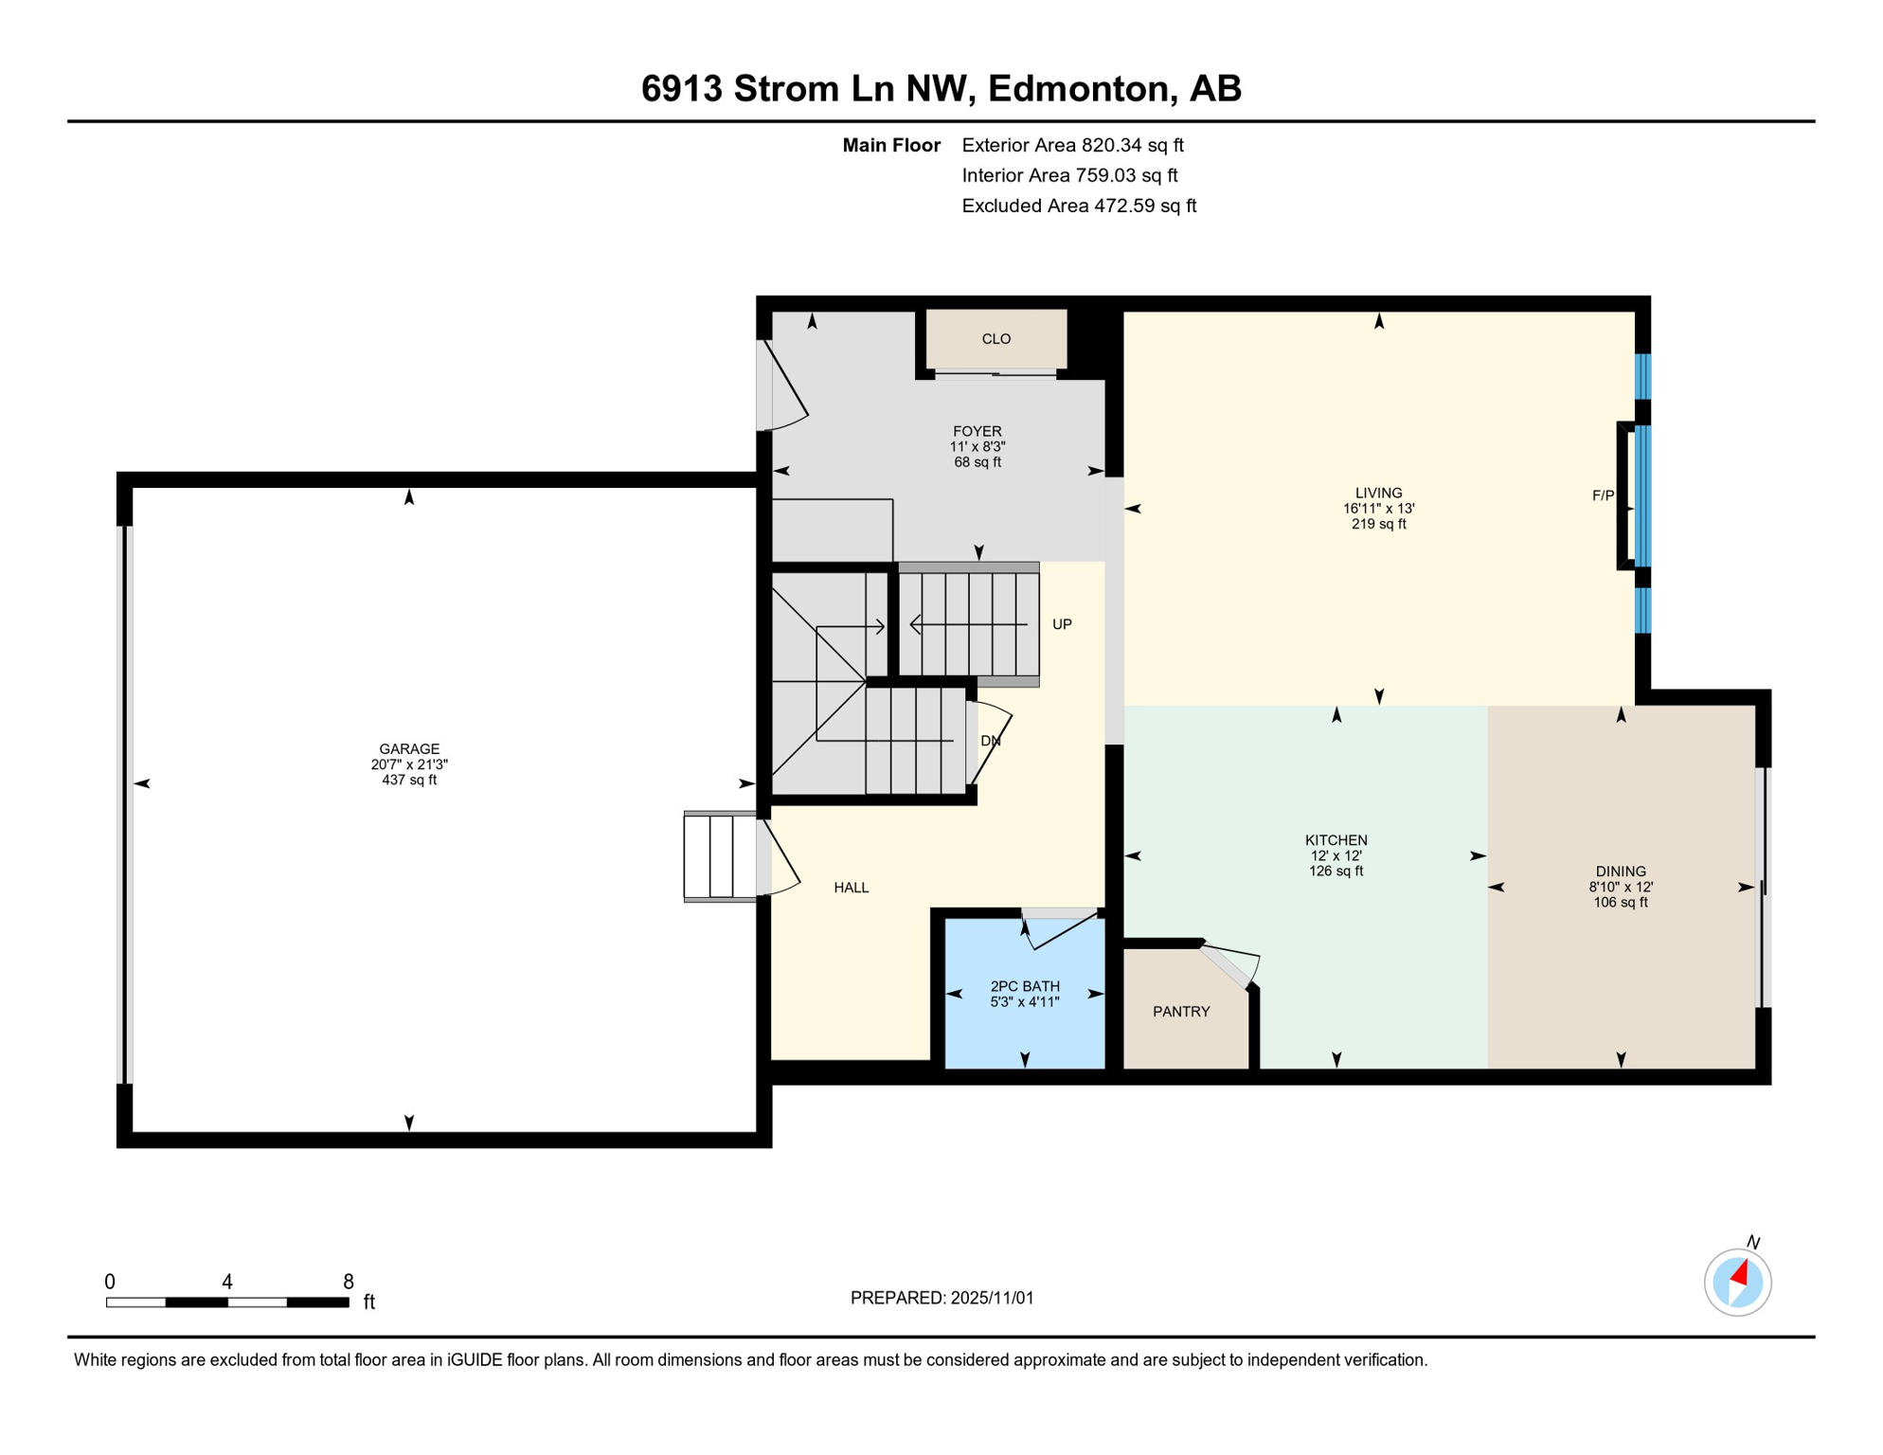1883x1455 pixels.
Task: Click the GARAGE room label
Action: click(x=409, y=748)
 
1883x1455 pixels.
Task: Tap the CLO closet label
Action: click(x=995, y=339)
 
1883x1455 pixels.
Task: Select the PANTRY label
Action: click(x=1181, y=1012)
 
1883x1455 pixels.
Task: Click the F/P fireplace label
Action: click(x=1603, y=495)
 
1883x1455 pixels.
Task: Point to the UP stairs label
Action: click(x=1062, y=624)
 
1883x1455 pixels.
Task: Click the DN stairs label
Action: click(x=990, y=741)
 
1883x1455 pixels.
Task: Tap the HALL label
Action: click(x=851, y=888)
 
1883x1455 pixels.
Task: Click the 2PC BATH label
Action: click(x=1025, y=986)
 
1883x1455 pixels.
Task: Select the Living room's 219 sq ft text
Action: click(x=1378, y=524)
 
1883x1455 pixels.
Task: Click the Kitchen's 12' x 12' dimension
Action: click(x=1336, y=855)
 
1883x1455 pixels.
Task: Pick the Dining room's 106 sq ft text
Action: click(x=1620, y=903)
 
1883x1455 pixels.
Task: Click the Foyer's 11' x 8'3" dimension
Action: click(x=977, y=447)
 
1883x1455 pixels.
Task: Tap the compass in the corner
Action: click(x=1737, y=1283)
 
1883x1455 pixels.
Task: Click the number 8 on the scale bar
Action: click(x=349, y=1282)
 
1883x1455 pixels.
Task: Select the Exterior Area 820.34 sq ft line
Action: click(x=1072, y=145)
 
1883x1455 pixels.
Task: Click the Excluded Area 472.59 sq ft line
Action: click(x=1079, y=206)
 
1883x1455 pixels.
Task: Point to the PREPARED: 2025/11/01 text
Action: click(x=941, y=1298)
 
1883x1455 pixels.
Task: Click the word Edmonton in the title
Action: click(x=1077, y=89)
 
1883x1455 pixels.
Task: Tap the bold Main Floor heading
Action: click(x=890, y=145)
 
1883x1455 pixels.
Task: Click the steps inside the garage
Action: click(x=720, y=856)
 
